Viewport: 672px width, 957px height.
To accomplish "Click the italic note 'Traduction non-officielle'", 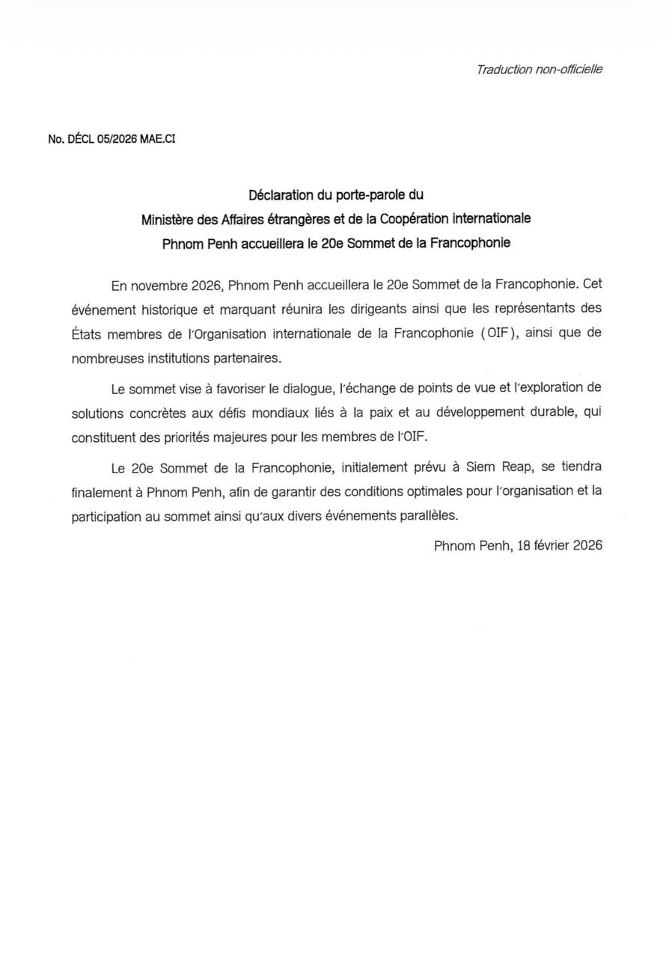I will (x=539, y=70).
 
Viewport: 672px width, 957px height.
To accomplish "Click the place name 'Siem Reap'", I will (x=500, y=468).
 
